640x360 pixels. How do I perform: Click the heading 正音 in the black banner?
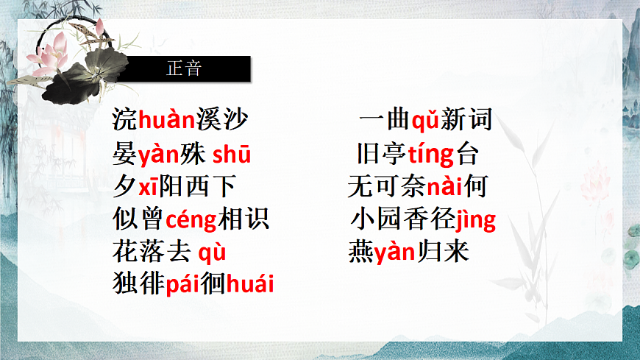pyautogui.click(x=184, y=69)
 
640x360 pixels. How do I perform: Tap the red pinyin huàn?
pyautogui.click(x=166, y=119)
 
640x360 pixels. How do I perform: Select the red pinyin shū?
pyautogui.click(x=232, y=155)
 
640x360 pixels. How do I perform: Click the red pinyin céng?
pyautogui.click(x=191, y=220)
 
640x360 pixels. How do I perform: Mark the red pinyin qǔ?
pyautogui.click(x=425, y=119)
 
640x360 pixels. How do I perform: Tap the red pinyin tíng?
pyautogui.click(x=430, y=155)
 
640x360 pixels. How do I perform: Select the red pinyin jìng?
pyautogui.click(x=476, y=220)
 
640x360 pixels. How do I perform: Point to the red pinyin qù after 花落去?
pyautogui.click(x=212, y=253)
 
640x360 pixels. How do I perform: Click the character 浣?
pyautogui.click(x=125, y=119)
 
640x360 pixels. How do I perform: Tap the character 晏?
pyautogui.click(x=125, y=155)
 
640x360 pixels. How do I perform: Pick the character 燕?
pyautogui.click(x=361, y=253)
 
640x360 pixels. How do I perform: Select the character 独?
pyautogui.click(x=125, y=283)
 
